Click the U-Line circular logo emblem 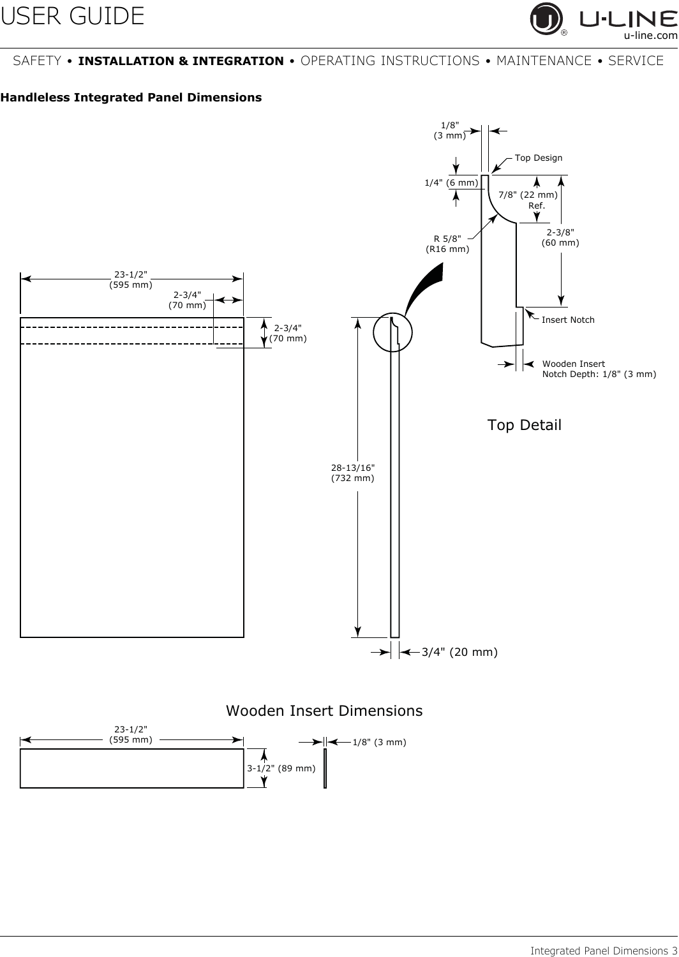click(x=546, y=19)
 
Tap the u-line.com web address click(x=651, y=35)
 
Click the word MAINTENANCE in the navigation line click(x=544, y=61)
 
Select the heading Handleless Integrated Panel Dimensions click(x=131, y=98)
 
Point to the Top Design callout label click(x=539, y=158)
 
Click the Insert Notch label click(x=568, y=320)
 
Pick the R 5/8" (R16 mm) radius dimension click(x=447, y=244)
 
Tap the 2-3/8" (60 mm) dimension click(x=560, y=237)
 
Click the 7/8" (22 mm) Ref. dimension click(x=528, y=200)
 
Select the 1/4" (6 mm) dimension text click(x=451, y=183)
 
